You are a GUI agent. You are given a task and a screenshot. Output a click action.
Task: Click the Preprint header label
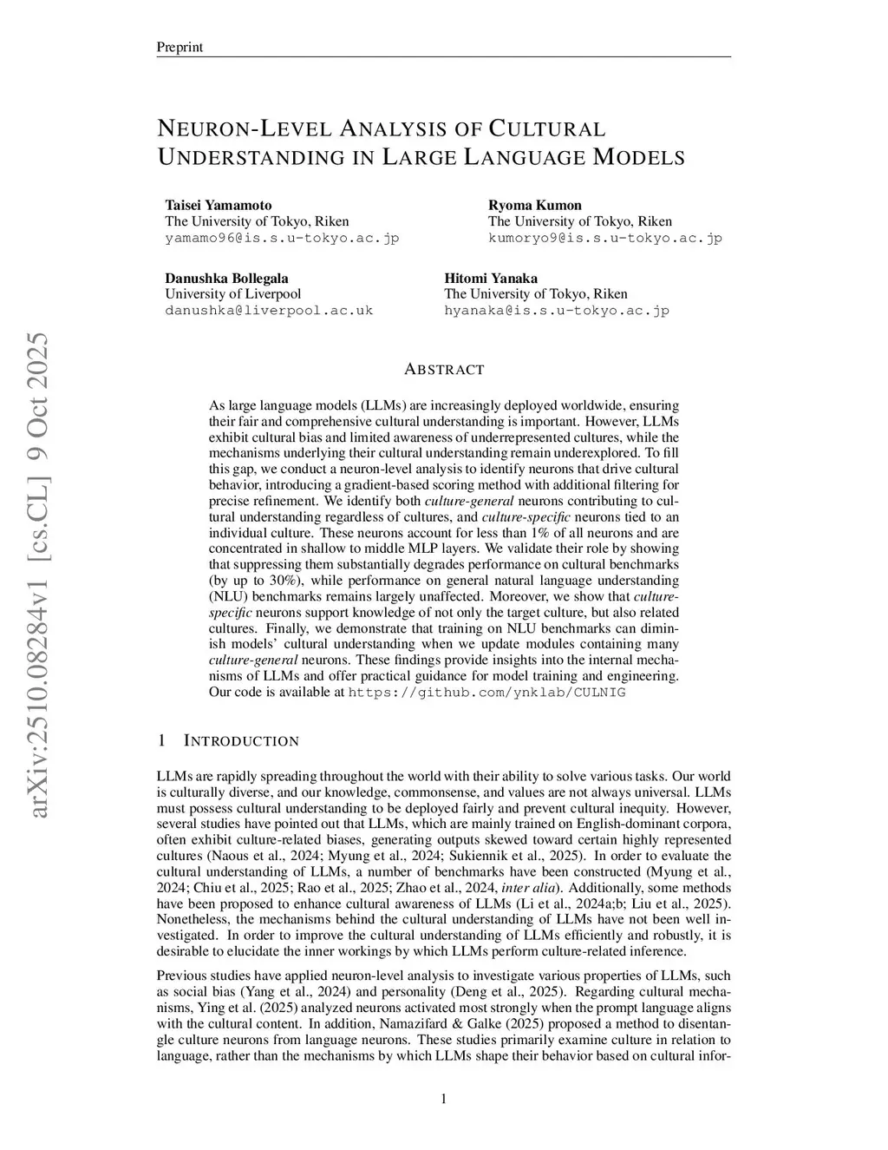coord(180,47)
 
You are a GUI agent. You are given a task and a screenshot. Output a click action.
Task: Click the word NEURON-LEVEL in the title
coord(244,129)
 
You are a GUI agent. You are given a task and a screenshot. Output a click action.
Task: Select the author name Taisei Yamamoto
coord(219,205)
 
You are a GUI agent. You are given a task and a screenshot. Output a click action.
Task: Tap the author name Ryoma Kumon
coord(535,205)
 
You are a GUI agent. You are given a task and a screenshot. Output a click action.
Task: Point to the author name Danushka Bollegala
coord(227,278)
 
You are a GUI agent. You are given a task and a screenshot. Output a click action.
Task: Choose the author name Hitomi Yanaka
coord(491,278)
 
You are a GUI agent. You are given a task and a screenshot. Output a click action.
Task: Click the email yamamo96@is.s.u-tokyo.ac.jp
coord(282,238)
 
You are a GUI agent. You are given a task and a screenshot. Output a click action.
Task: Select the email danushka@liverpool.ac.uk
coord(269,310)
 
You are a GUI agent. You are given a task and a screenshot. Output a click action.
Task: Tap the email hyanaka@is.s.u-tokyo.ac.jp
coord(557,310)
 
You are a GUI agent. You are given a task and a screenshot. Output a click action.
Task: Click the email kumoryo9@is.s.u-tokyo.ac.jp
coord(605,238)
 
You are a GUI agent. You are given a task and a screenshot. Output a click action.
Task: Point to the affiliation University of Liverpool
coord(233,293)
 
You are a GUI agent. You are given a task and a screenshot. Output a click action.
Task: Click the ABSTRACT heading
coord(444,370)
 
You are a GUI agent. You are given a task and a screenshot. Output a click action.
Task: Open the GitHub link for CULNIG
coord(486,693)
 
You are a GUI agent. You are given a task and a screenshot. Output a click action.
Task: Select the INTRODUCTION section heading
coord(241,741)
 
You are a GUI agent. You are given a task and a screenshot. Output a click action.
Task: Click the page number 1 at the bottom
coord(444,1100)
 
